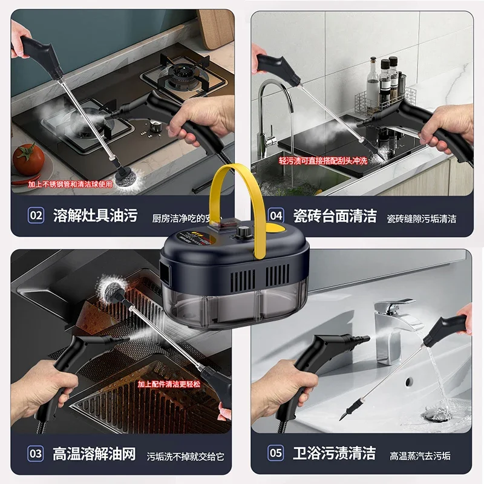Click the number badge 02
pyautogui.click(x=36, y=215)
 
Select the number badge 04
pyautogui.click(x=276, y=215)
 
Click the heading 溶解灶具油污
pyautogui.click(x=95, y=215)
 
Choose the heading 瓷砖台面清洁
pyautogui.click(x=335, y=215)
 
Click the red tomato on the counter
pyautogui.click(x=28, y=159)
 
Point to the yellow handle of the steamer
pyautogui.click(x=234, y=181)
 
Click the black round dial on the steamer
pyautogui.click(x=244, y=232)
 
